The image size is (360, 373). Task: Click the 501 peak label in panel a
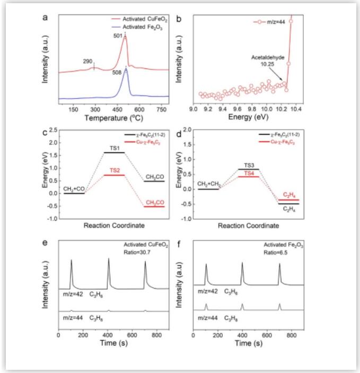pyautogui.click(x=117, y=36)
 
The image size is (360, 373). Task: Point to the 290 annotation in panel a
pyautogui.click(x=88, y=62)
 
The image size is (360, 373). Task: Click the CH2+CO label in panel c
pyautogui.click(x=73, y=188)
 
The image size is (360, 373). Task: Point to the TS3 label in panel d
pyautogui.click(x=248, y=165)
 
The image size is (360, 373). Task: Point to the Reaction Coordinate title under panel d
pyautogui.click(x=249, y=225)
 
